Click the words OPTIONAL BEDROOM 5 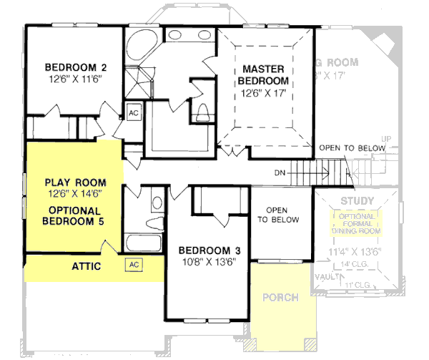(75, 215)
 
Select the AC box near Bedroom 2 (134, 112)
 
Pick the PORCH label (280, 297)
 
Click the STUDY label (357, 200)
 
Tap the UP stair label (387, 138)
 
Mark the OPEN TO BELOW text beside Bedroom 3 (277, 215)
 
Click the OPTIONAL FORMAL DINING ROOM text (357, 224)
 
